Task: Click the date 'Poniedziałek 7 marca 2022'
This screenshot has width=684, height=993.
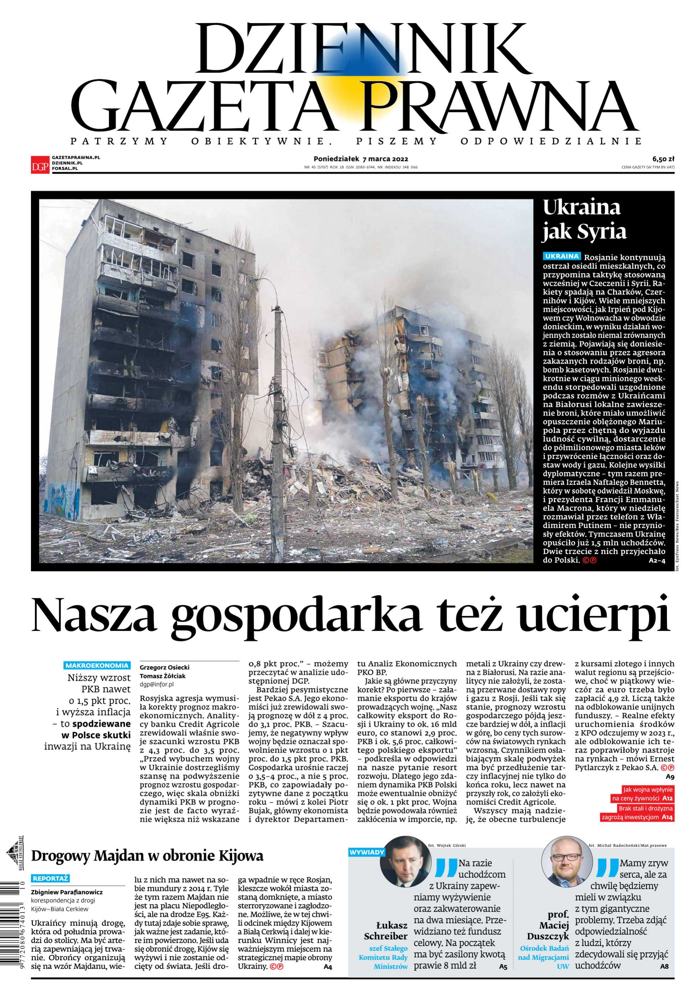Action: [x=361, y=159]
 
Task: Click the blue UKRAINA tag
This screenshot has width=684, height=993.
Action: [x=561, y=256]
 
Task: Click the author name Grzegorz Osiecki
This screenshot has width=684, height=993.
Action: [x=165, y=667]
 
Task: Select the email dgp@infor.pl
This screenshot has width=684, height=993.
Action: [x=156, y=684]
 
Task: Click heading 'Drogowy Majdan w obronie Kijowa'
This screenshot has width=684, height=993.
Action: [x=147, y=856]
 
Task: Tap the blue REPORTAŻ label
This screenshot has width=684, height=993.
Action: [x=51, y=878]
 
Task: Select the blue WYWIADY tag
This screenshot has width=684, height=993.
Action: [x=367, y=852]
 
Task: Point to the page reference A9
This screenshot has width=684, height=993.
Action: [x=670, y=777]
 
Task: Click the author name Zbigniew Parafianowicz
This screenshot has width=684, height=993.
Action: [x=67, y=892]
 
